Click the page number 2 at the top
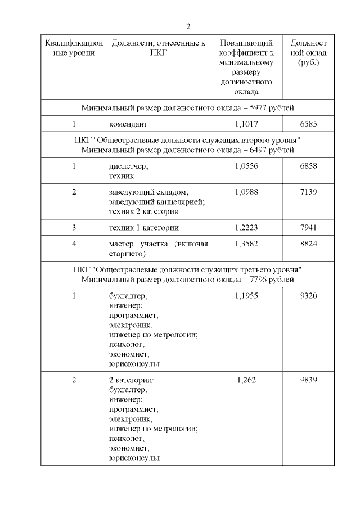[x=188, y=26]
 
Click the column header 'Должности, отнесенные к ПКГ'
[x=159, y=48]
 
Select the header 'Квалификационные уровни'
[x=74, y=48]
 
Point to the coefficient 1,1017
[x=246, y=123]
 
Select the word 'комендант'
[x=128, y=123]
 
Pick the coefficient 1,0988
[x=246, y=192]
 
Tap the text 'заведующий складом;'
[x=144, y=192]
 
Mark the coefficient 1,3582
[x=246, y=244]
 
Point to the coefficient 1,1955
[x=246, y=295]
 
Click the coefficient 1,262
[x=246, y=380]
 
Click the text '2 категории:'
[x=130, y=380]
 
